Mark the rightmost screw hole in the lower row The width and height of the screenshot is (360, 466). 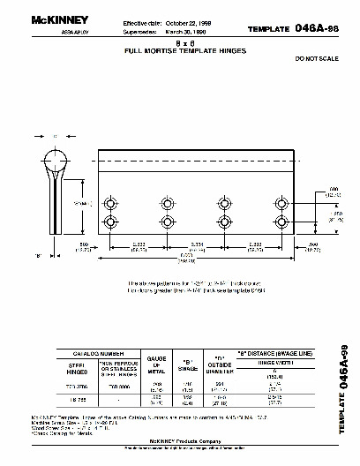coord(281,221)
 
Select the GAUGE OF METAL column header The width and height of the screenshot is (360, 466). coord(156,361)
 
